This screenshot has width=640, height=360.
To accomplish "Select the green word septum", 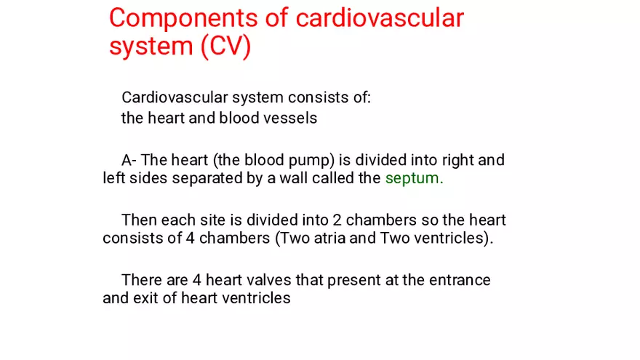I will click(x=414, y=179).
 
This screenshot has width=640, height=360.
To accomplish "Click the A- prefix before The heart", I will click(x=129, y=160).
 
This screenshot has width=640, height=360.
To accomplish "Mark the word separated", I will click(x=209, y=179).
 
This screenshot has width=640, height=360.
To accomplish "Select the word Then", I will click(x=138, y=220).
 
